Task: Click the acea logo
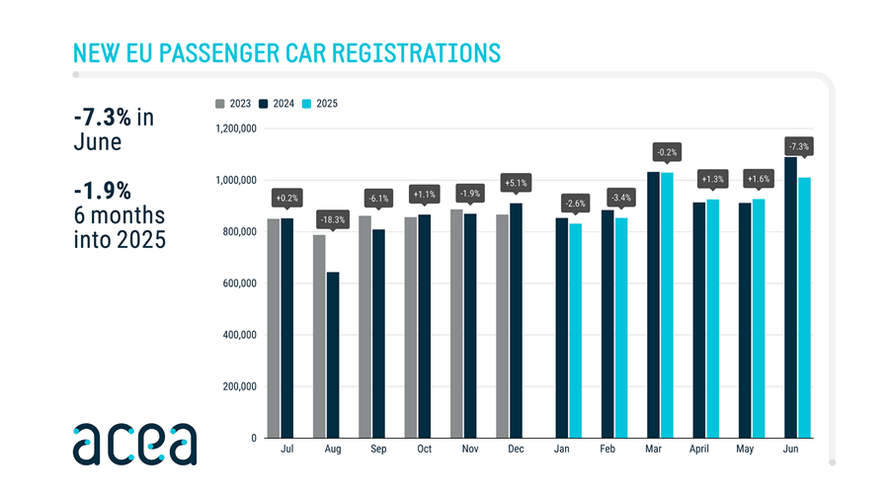(x=133, y=444)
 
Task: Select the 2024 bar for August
(x=333, y=355)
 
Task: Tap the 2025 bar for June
(x=804, y=307)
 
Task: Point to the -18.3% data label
(x=333, y=218)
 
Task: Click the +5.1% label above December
(x=516, y=183)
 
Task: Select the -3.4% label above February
(x=620, y=198)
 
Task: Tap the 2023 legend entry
(x=233, y=103)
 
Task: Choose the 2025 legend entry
(x=322, y=103)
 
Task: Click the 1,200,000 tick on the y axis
(x=236, y=128)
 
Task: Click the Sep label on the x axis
(x=378, y=450)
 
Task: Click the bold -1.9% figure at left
(x=103, y=189)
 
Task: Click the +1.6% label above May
(x=759, y=179)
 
